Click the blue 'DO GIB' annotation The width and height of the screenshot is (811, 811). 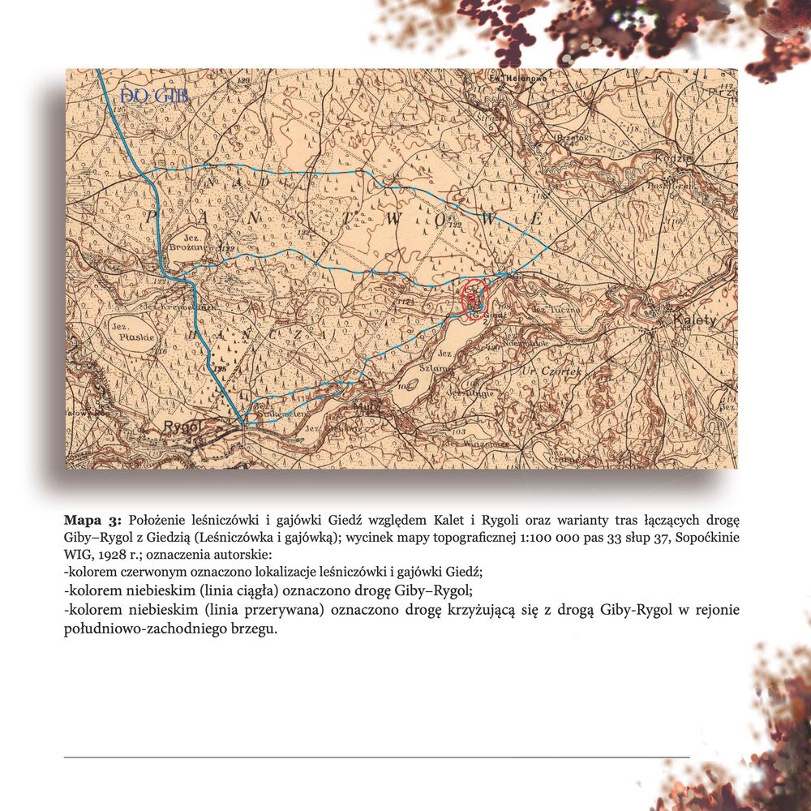click(x=154, y=97)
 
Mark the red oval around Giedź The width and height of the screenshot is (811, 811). click(x=474, y=298)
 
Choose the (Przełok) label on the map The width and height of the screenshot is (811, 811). click(x=572, y=138)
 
